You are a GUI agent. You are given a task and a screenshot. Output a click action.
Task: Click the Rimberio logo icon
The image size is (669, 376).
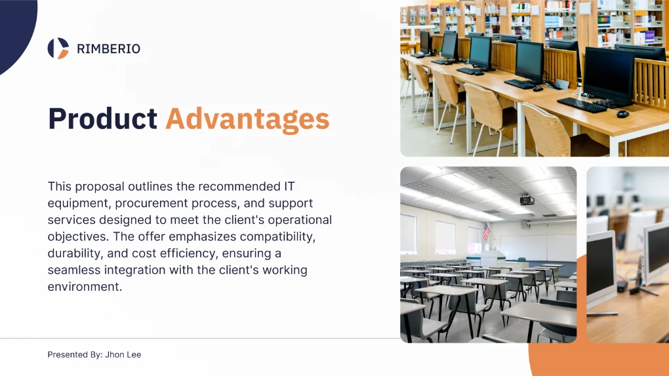[x=58, y=48]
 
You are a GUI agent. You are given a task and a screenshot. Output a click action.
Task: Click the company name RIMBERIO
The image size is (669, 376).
[x=108, y=49]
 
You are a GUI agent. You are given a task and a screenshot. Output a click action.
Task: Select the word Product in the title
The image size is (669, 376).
[x=103, y=118]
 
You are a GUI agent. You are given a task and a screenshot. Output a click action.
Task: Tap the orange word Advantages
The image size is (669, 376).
[x=247, y=119]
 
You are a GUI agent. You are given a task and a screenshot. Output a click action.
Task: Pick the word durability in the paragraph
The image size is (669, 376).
[x=75, y=254]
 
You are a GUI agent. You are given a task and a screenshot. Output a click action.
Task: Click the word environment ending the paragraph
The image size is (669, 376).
[x=85, y=286]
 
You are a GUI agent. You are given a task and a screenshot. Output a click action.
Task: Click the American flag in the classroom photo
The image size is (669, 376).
[x=486, y=233]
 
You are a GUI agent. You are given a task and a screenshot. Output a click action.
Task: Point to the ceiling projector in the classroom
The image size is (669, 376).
[x=527, y=199]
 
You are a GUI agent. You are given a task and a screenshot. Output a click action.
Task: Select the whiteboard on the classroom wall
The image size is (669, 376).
[x=538, y=248]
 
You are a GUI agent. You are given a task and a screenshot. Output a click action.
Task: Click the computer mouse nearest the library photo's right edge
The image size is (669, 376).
[x=622, y=114]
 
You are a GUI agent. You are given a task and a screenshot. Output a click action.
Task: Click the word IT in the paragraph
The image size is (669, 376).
[x=289, y=186]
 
